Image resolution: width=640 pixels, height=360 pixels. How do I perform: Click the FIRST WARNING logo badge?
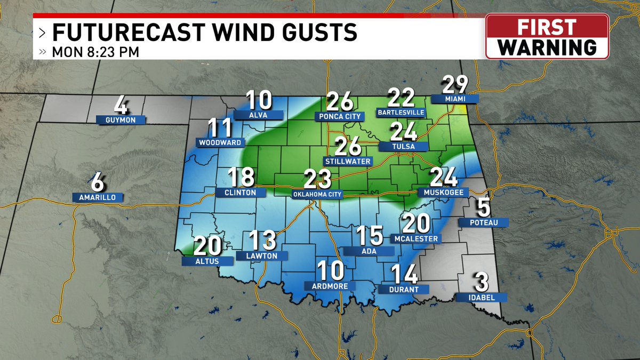point(547,36)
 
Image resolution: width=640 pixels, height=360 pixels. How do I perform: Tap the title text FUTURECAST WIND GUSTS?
point(204,33)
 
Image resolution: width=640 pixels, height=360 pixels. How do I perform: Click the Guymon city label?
point(121,120)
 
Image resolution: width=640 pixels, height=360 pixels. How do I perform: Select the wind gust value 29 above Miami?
point(454,85)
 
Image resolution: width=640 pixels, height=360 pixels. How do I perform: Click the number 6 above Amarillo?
point(98,183)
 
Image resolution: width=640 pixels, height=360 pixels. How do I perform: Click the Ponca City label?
point(340,116)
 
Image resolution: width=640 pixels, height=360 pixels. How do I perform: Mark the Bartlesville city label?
point(401,113)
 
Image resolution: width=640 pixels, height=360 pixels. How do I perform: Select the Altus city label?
point(207,261)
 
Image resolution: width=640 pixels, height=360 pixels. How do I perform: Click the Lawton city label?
point(262,255)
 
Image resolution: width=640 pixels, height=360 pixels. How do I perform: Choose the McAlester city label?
point(417,238)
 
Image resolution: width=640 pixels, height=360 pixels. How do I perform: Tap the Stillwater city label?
point(348,161)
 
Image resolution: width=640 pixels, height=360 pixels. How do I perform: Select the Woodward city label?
point(221,142)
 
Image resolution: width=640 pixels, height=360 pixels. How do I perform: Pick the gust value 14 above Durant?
point(403,274)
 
